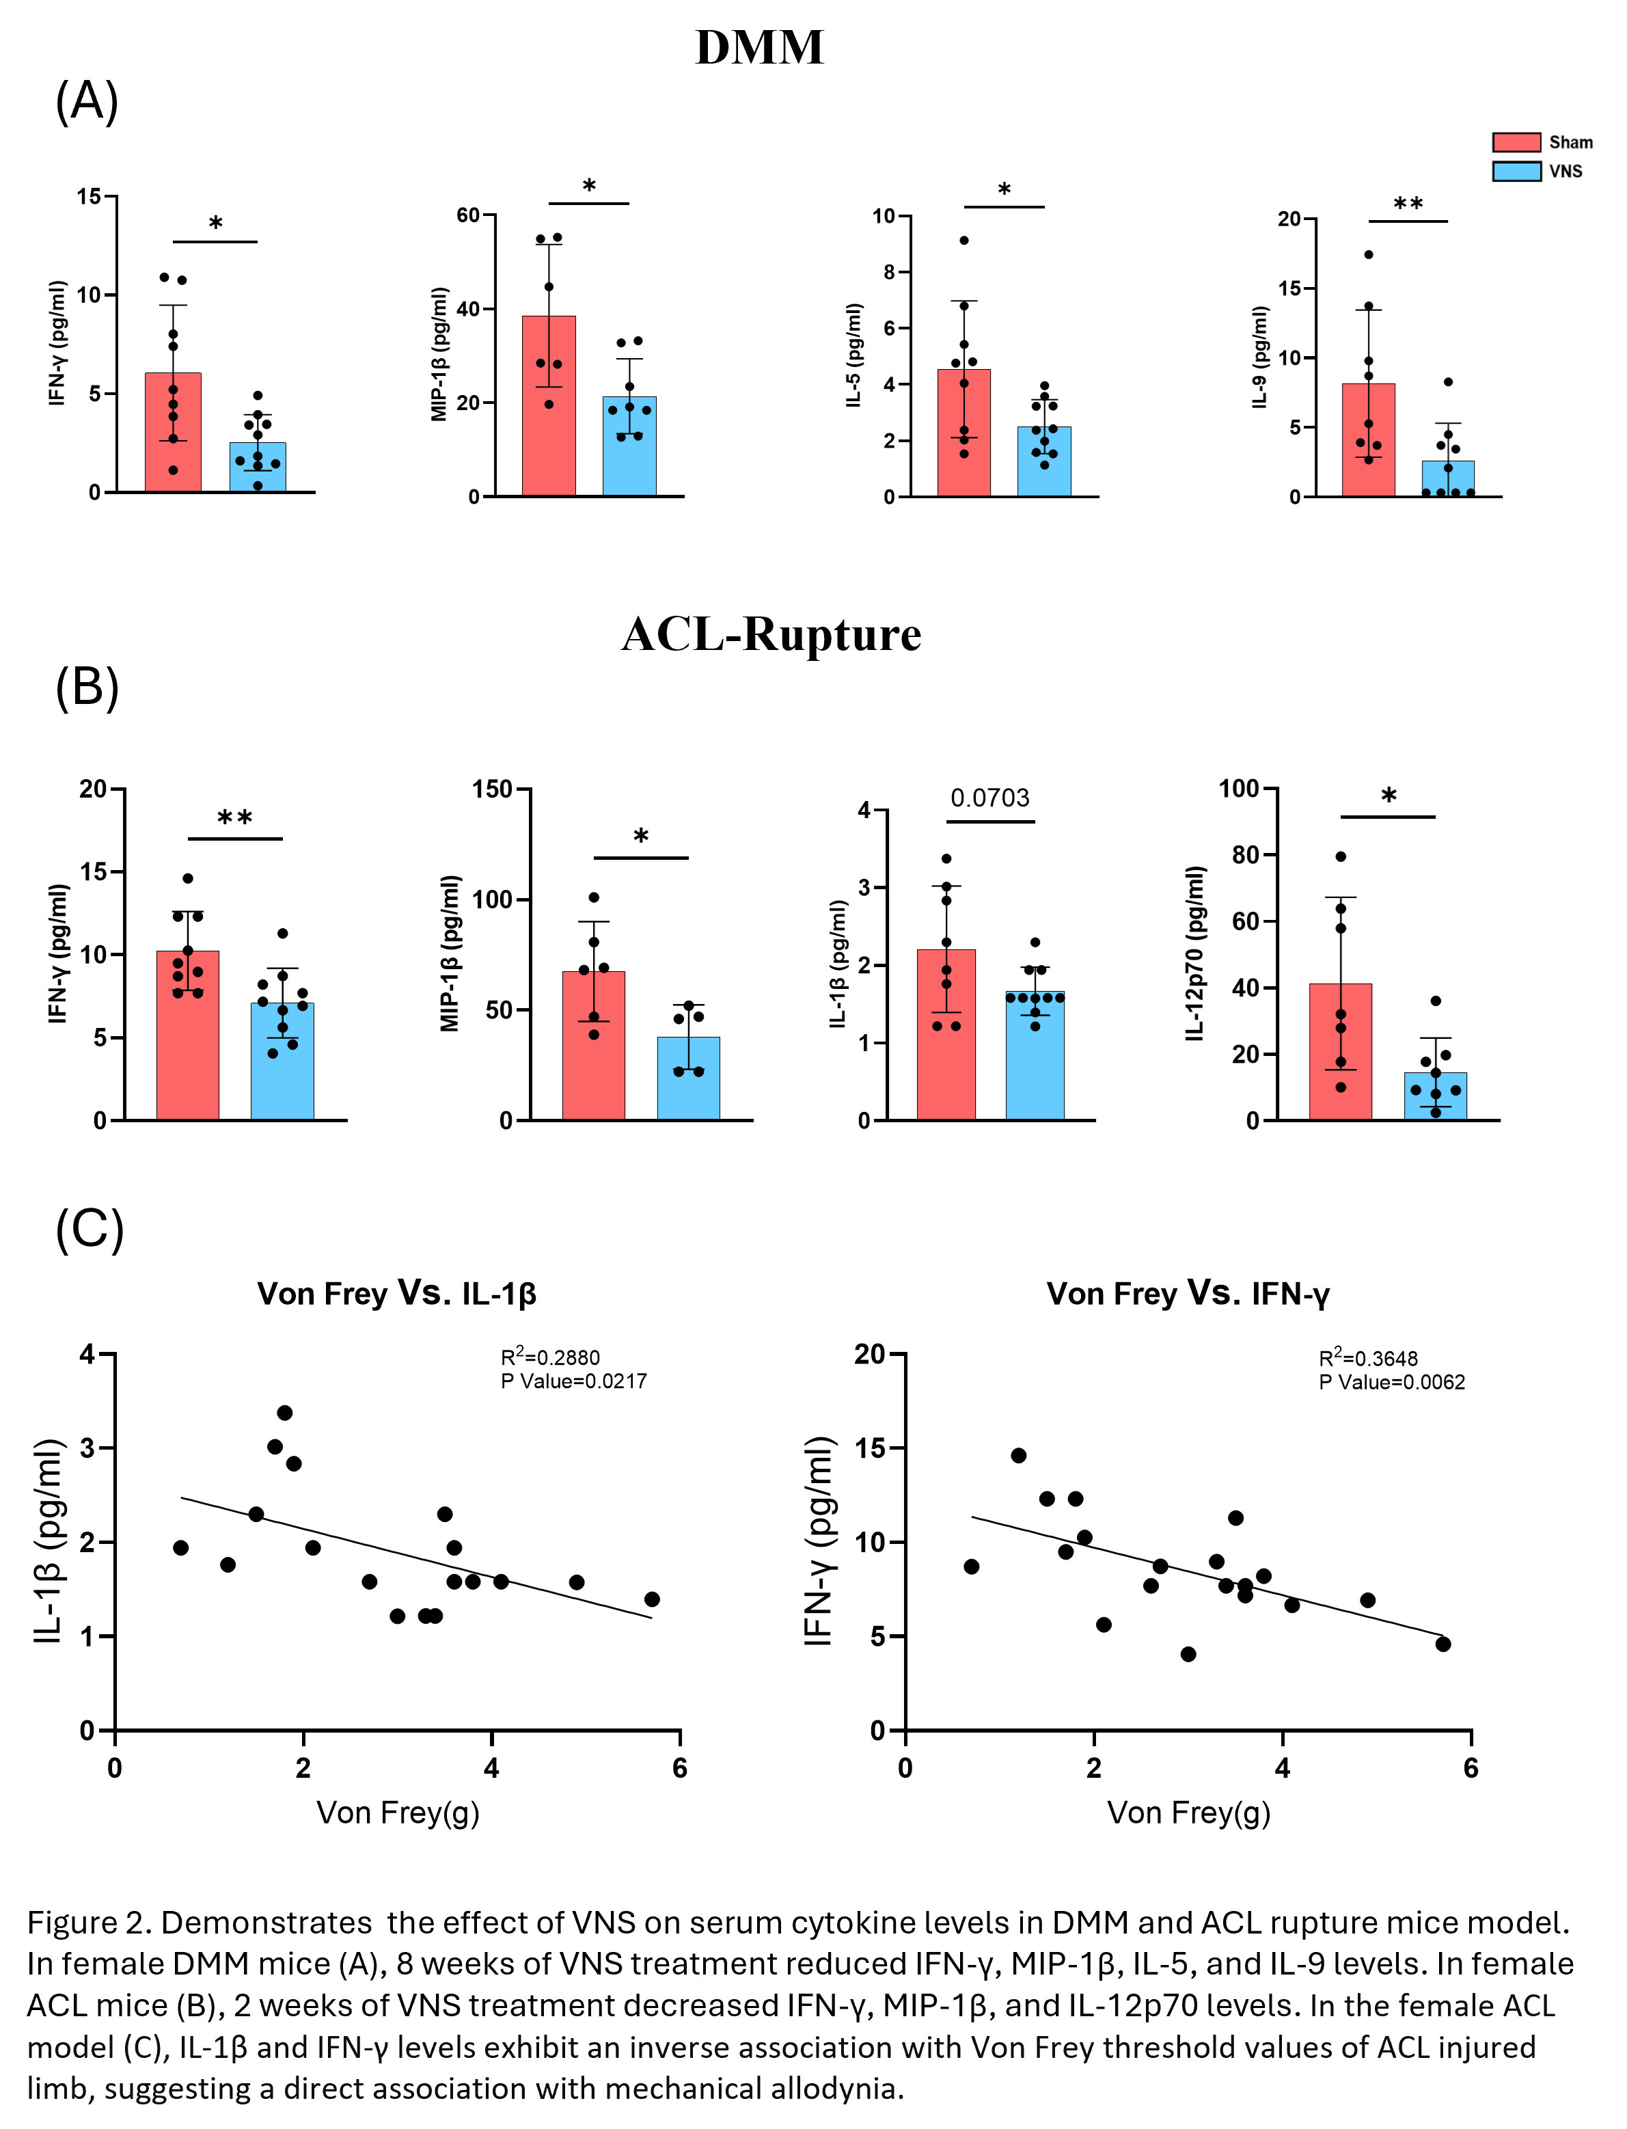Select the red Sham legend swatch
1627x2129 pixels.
pos(1516,142)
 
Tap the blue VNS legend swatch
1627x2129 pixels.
pos(1516,172)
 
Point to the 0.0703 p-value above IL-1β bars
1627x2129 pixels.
pos(989,798)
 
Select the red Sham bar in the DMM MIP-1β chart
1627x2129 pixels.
pos(548,407)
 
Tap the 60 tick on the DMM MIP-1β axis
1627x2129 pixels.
pos(468,215)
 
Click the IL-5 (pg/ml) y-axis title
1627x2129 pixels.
pos(853,355)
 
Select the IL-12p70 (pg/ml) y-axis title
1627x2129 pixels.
pos(1196,954)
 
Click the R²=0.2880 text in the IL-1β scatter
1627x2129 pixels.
pos(550,1357)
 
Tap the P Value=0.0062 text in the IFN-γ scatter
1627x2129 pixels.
pos(1392,1382)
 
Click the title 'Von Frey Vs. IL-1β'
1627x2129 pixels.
pos(396,1293)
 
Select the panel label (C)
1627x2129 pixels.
pos(89,1230)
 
